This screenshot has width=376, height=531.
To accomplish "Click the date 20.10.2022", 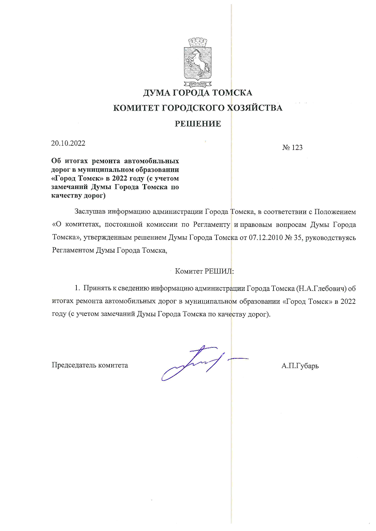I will tap(68, 143).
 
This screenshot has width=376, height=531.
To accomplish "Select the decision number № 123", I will tap(292, 148).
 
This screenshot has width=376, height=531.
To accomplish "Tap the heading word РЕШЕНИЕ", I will tap(198, 124).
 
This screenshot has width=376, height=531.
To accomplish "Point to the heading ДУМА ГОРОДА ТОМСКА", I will tap(198, 93).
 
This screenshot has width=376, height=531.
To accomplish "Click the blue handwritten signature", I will tap(200, 363).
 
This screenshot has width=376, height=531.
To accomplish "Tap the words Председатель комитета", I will tap(90, 365).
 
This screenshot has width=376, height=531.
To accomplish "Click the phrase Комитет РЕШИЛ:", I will tap(204, 271).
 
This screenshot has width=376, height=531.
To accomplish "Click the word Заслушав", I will tap(90, 212).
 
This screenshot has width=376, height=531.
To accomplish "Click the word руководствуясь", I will tap(331, 238).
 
